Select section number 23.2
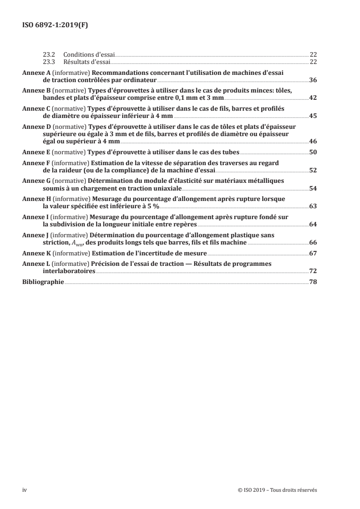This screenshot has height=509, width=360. [49, 54]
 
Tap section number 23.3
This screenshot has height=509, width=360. [49, 61]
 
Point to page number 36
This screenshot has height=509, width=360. [313, 80]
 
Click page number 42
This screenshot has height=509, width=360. [313, 98]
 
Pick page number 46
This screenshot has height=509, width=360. [313, 142]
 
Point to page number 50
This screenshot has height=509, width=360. [313, 152]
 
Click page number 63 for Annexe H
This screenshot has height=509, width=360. [313, 206]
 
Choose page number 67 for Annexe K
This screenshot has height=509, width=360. [313, 253]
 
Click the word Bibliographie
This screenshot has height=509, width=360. [43, 282]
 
